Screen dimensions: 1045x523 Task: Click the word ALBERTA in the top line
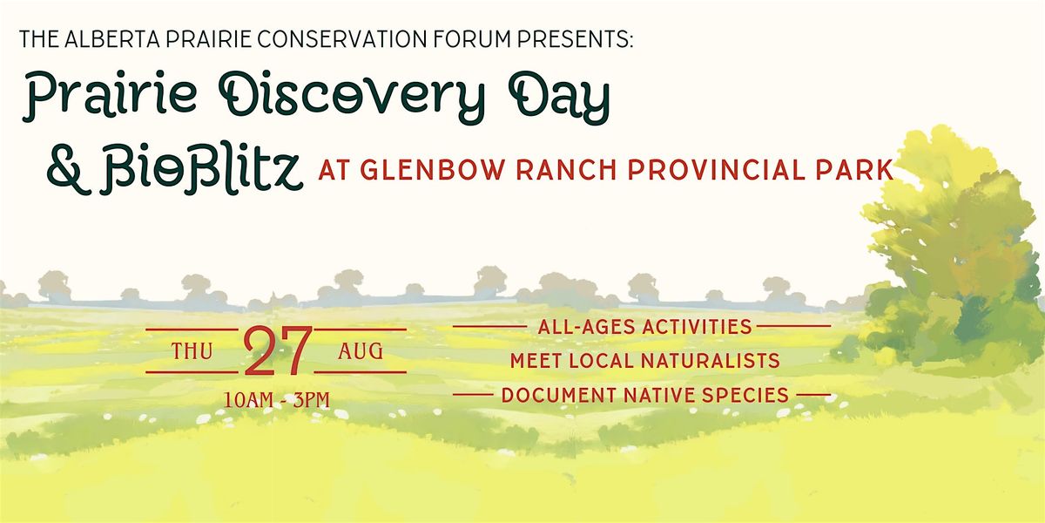(112, 39)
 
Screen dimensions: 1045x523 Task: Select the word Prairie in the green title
(110, 97)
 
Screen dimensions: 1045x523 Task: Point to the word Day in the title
(558, 97)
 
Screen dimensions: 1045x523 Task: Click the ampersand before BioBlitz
(69, 169)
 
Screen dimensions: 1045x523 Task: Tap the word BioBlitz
(201, 169)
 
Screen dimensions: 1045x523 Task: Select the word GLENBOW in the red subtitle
(433, 170)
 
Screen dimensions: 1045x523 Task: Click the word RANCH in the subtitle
(566, 170)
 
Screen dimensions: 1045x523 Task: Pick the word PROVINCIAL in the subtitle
(717, 170)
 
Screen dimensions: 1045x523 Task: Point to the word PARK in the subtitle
(854, 170)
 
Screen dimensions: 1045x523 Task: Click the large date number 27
(277, 351)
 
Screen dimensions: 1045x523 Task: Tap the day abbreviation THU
(192, 351)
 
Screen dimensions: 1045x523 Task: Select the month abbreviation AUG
(361, 351)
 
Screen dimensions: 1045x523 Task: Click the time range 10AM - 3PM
(277, 400)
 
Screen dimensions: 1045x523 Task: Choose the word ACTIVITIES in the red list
(697, 327)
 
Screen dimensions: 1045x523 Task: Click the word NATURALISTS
(710, 361)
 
